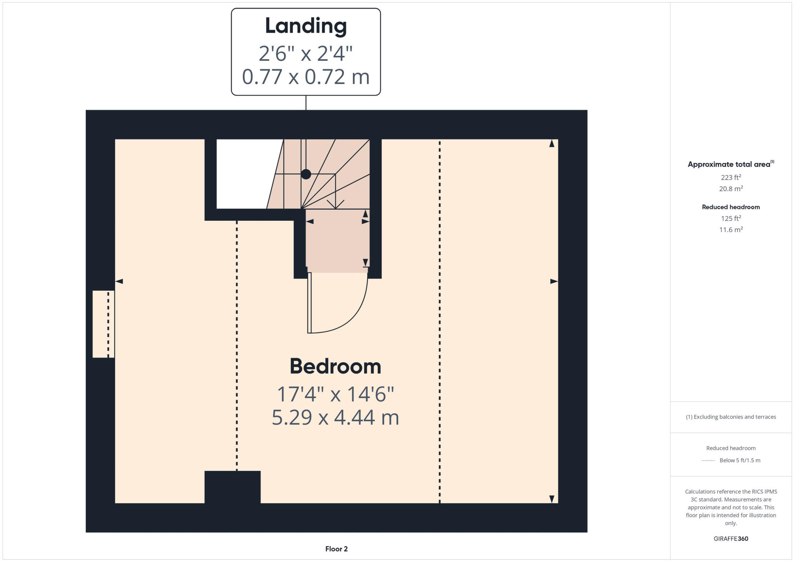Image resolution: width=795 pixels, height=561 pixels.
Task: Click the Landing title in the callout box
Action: tap(306, 26)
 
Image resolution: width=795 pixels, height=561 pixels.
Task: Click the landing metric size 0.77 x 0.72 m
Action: tap(306, 77)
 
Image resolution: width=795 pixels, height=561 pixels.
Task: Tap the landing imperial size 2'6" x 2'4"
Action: tap(306, 54)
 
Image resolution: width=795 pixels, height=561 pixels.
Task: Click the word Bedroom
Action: tap(335, 366)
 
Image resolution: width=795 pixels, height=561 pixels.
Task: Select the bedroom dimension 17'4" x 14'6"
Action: tap(335, 394)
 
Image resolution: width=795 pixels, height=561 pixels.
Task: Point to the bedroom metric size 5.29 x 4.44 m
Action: tap(335, 418)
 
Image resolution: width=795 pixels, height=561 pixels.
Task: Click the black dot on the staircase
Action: tap(306, 174)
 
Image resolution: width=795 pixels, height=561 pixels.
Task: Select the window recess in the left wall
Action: tap(103, 324)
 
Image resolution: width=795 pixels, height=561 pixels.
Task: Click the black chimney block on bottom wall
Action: tap(232, 487)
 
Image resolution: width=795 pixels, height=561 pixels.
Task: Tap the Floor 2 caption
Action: tap(336, 549)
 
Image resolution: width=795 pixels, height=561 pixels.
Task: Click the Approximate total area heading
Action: tap(729, 164)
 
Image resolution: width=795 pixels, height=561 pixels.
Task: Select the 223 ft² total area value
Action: tap(731, 178)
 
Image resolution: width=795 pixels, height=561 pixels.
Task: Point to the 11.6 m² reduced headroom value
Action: tap(731, 230)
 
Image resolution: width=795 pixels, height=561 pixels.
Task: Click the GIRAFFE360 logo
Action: tap(731, 539)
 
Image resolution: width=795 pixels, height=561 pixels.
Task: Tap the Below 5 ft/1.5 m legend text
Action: tap(739, 460)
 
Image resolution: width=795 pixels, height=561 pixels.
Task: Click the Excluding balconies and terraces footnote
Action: tap(731, 417)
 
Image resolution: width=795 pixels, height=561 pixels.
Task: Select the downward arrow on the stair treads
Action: tap(335, 204)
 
